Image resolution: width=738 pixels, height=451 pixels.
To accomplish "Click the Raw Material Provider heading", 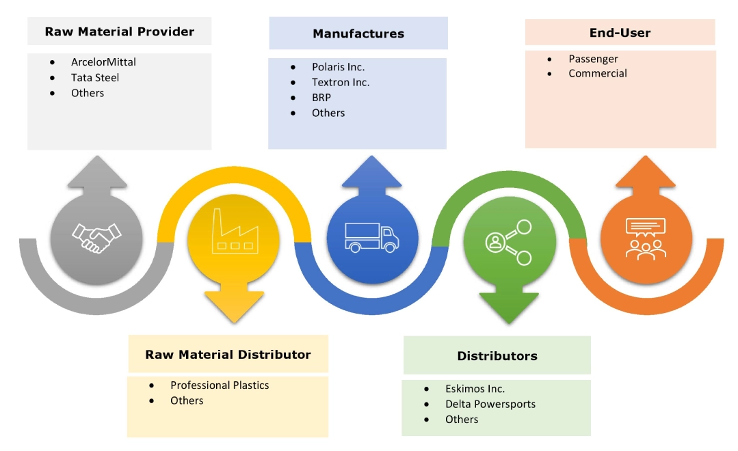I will [x=120, y=31].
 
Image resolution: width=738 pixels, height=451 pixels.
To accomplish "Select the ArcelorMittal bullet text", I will [x=103, y=61].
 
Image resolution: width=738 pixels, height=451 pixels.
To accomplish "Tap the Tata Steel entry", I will [x=95, y=77].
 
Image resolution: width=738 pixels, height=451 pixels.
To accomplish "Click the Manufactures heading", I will [x=358, y=33].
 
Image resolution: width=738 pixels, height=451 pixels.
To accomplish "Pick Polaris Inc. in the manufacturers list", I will [x=338, y=67].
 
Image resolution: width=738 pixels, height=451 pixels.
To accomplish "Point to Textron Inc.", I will [x=341, y=82].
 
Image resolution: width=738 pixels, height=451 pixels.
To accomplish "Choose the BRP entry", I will [x=321, y=98].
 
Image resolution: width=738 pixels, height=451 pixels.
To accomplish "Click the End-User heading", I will [x=620, y=32].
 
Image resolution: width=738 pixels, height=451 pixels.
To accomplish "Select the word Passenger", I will [x=593, y=59].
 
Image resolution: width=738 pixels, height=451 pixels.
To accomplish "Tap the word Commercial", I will [x=597, y=73].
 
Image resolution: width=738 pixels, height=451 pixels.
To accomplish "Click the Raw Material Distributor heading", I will [x=228, y=354].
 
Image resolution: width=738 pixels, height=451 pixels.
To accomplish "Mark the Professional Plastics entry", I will [x=220, y=385].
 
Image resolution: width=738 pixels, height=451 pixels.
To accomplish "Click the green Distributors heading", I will [x=497, y=355].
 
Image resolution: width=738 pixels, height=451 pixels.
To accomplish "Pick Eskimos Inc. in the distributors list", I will [x=475, y=389].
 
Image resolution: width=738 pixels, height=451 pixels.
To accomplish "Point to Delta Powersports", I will [x=490, y=404].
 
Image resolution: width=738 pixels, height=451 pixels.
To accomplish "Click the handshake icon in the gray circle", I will [x=96, y=236].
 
